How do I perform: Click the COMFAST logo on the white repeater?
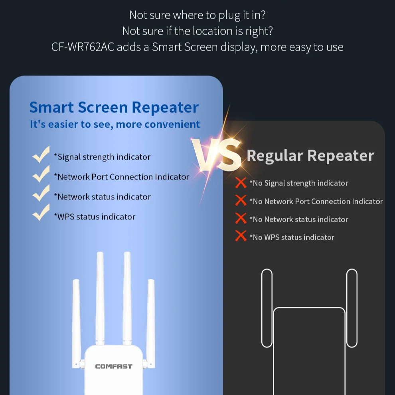click(x=114, y=366)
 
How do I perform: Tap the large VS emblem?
click(x=216, y=155)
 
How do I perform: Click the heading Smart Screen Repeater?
click(x=114, y=107)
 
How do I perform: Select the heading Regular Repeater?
click(x=310, y=155)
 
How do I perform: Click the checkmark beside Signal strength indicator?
click(x=41, y=155)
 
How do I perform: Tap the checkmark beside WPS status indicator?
click(x=41, y=213)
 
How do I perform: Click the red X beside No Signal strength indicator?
click(x=241, y=183)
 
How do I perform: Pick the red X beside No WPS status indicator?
click(x=241, y=236)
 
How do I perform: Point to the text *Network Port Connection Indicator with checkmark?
click(x=121, y=177)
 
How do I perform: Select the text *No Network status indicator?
click(x=299, y=219)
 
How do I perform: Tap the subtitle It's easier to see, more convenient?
click(x=115, y=124)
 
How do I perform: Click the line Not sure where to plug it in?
click(x=197, y=15)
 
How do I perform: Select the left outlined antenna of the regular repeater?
click(x=267, y=308)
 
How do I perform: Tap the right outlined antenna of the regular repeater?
click(x=352, y=308)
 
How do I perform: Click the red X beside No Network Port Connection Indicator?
click(x=241, y=201)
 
